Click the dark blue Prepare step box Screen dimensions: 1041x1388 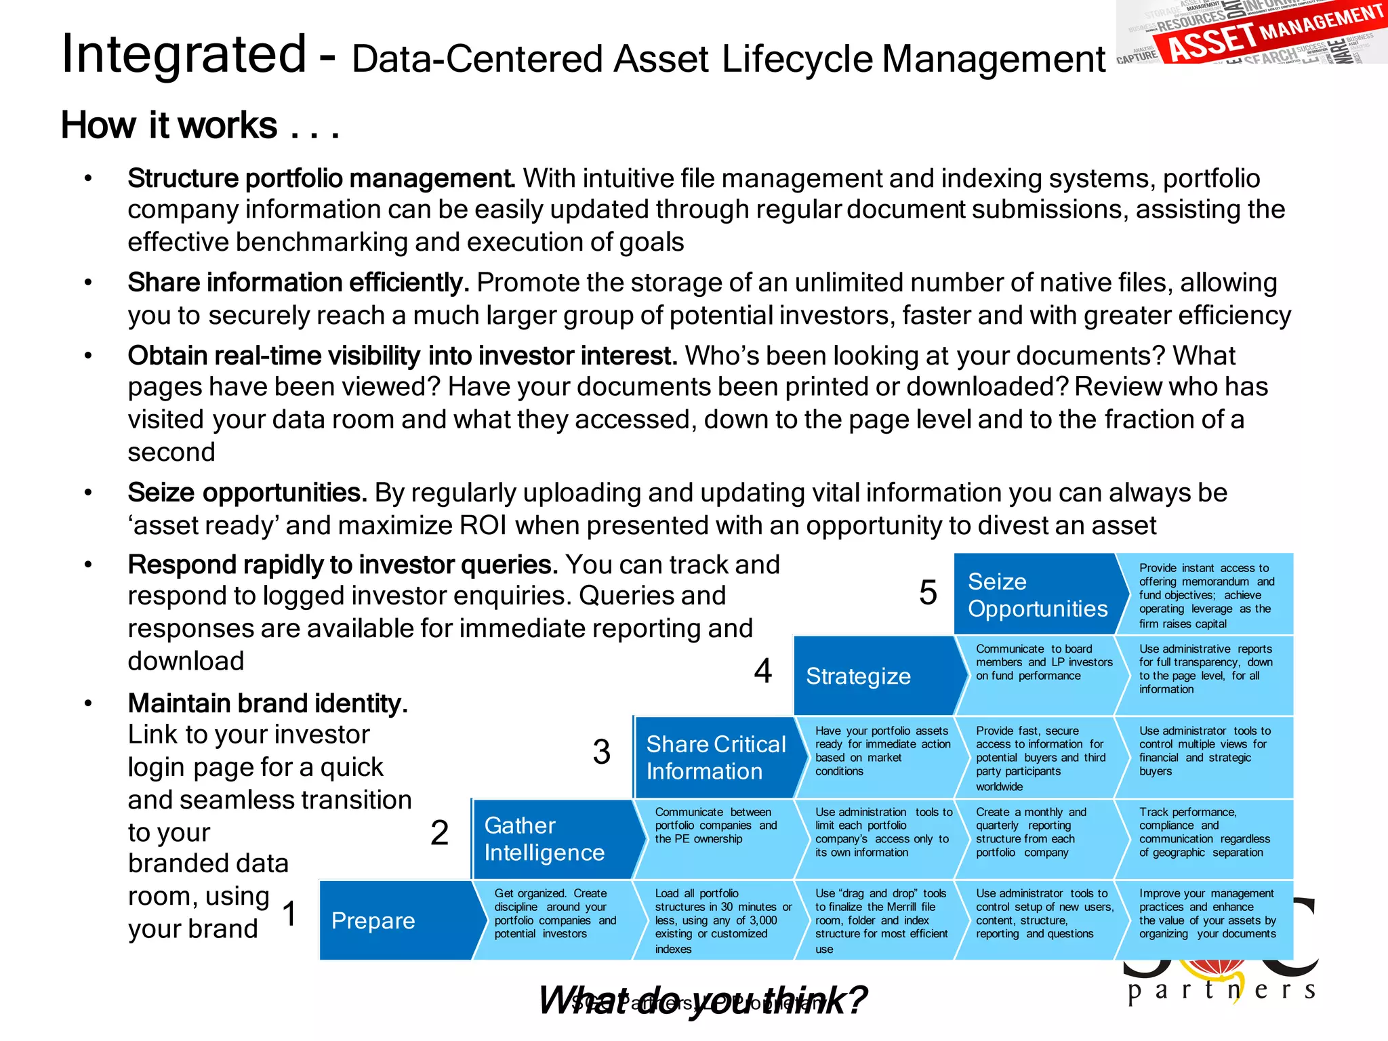(396, 920)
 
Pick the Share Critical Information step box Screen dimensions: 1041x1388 (715, 758)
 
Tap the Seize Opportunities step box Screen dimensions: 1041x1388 (1037, 594)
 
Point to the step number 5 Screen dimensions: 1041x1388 (928, 593)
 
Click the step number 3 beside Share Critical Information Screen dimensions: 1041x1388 (602, 752)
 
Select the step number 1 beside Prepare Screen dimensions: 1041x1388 (289, 914)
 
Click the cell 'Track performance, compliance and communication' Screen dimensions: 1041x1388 (1204, 832)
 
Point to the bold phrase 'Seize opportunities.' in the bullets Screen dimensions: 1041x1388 (247, 493)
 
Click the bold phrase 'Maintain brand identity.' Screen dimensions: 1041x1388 (268, 703)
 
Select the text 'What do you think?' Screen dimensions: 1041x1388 (703, 1000)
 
